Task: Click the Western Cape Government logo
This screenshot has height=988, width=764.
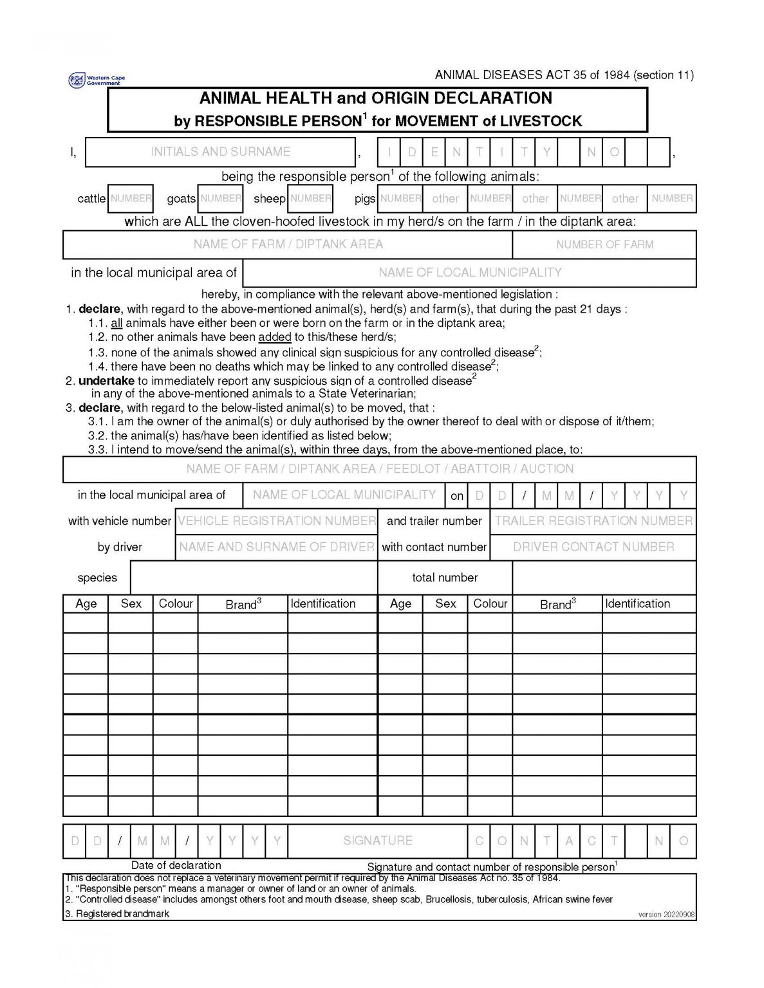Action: point(96,80)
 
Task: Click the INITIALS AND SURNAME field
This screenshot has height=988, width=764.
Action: point(220,152)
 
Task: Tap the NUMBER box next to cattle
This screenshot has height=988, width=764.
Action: point(131,198)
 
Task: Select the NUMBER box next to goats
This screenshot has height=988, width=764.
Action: point(220,198)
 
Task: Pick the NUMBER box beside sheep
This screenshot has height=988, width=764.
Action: point(310,198)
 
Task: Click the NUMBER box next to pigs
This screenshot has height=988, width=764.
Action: point(400,198)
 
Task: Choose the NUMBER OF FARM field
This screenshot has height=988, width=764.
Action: point(604,244)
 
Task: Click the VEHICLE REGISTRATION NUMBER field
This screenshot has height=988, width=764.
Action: point(277,521)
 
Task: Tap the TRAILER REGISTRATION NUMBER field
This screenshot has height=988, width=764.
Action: point(593,521)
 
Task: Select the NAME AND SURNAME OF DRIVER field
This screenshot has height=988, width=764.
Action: point(277,547)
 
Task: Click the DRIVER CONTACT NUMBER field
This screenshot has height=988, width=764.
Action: point(593,547)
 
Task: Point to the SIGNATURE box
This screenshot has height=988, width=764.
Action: point(378,841)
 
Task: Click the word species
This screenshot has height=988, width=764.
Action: point(97,578)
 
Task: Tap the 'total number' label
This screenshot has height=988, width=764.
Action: point(445,578)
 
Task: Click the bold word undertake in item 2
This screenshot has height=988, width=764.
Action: point(106,381)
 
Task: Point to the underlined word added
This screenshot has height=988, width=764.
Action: point(275,337)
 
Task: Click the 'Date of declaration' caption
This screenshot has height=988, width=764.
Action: point(176,865)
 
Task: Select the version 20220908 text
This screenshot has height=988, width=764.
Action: point(666,915)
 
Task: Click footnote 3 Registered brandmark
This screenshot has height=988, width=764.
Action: point(117,913)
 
